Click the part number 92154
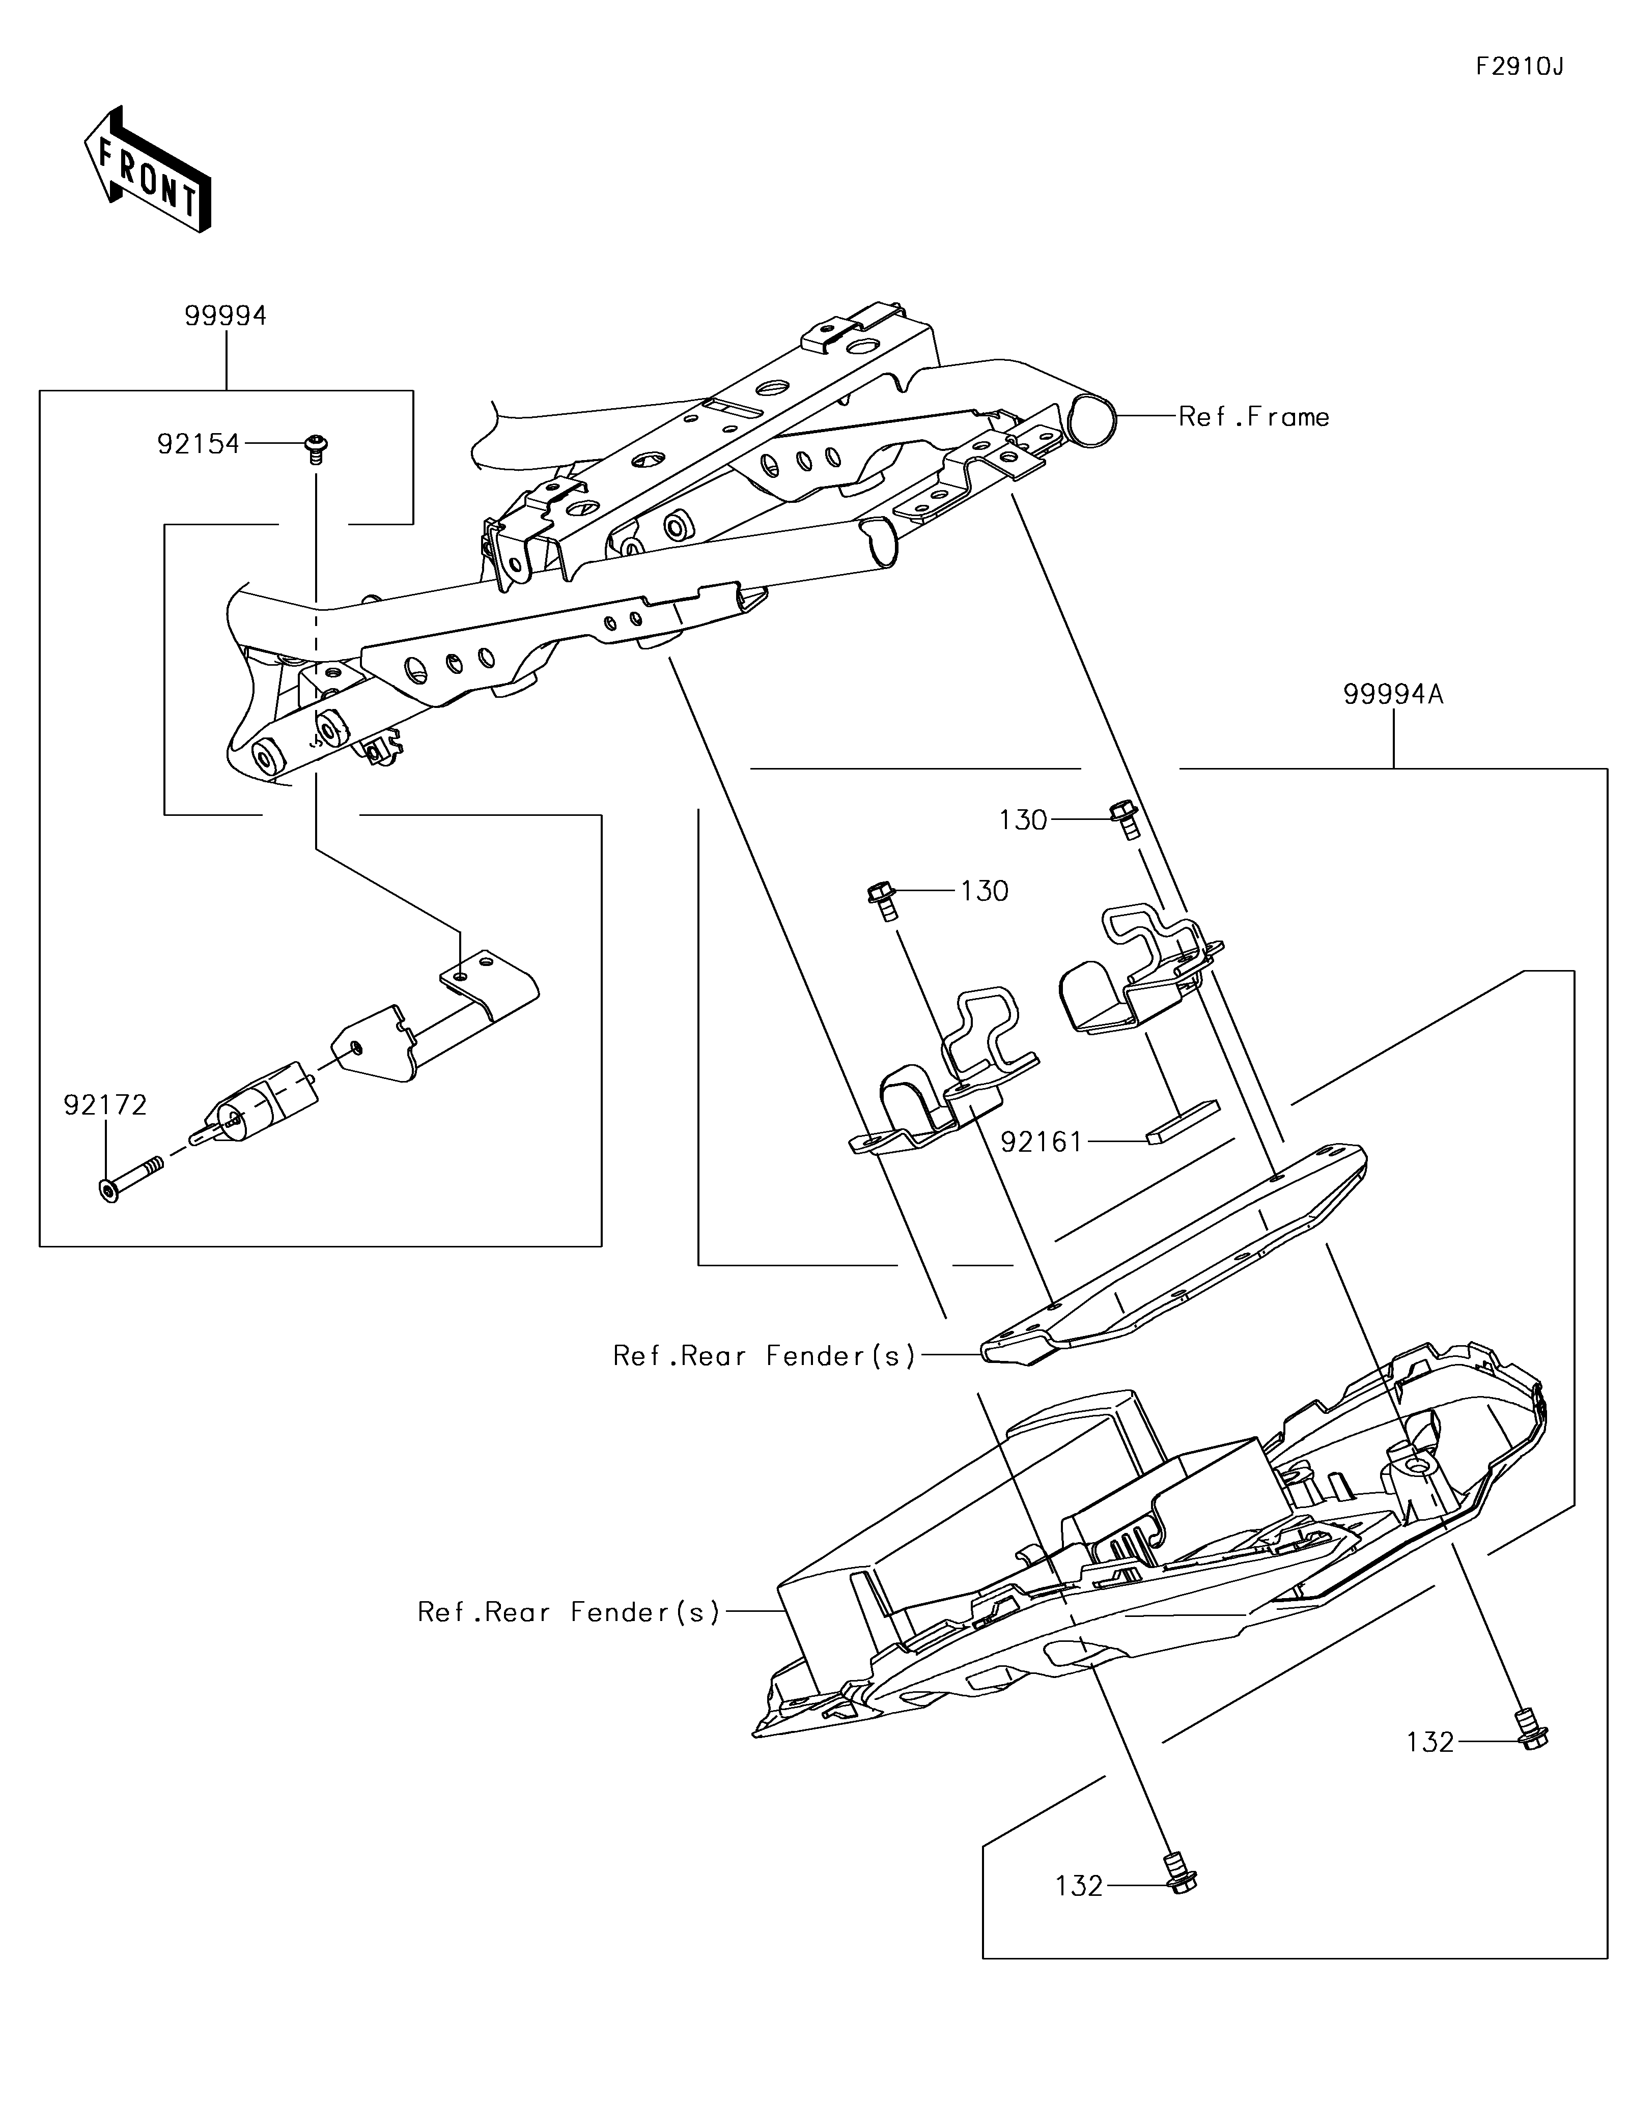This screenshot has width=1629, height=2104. coord(199,444)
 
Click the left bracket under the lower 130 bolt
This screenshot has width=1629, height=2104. coord(945,1074)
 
